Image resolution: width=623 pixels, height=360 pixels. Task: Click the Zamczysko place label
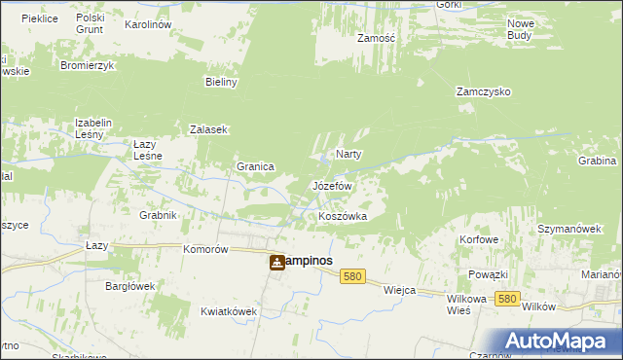coord(484,91)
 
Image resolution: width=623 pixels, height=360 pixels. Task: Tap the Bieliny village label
coord(221,82)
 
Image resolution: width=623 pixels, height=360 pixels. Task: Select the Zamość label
coord(375,38)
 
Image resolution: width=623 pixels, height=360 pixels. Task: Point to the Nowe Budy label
coord(520,28)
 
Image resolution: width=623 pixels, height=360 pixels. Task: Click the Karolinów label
coord(149,23)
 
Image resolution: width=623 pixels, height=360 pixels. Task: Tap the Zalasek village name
coord(208,129)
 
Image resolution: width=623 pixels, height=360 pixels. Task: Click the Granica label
coord(255,166)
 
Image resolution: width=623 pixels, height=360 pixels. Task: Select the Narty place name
coord(349,155)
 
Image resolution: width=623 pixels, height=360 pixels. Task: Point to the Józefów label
coord(331,185)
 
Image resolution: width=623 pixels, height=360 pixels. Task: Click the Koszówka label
coord(343,216)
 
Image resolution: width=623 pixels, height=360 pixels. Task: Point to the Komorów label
coord(205,249)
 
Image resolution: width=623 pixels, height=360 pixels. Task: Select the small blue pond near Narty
coord(323,160)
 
